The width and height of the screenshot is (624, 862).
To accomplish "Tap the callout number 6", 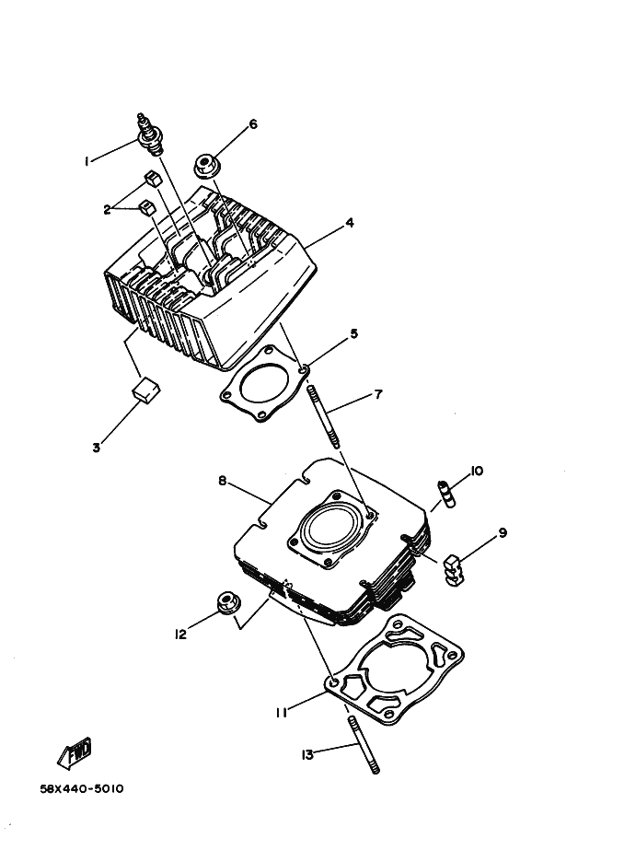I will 253,123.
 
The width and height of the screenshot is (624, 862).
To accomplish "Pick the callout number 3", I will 96,448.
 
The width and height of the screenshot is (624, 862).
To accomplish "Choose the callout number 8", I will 222,480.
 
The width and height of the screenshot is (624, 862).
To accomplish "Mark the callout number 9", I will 503,532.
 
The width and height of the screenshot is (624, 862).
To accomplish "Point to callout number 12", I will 180,634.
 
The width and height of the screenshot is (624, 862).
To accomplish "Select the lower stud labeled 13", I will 364,743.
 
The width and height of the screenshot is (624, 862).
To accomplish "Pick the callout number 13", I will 307,755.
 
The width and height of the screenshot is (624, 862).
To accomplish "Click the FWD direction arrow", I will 75,753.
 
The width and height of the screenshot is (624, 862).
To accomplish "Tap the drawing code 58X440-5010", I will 82,789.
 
